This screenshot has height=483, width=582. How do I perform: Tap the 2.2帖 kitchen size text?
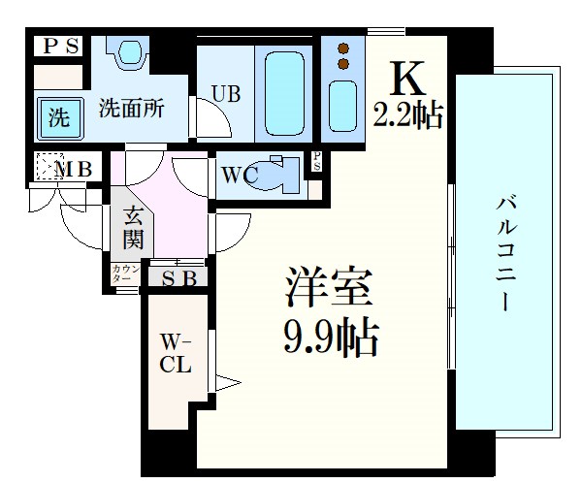click(x=407, y=115)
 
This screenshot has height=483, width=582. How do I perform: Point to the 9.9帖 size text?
click(x=330, y=336)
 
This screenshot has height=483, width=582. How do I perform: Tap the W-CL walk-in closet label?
click(x=176, y=354)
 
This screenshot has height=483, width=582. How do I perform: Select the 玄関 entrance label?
click(x=133, y=228)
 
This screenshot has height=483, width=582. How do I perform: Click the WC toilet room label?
click(x=239, y=176)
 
